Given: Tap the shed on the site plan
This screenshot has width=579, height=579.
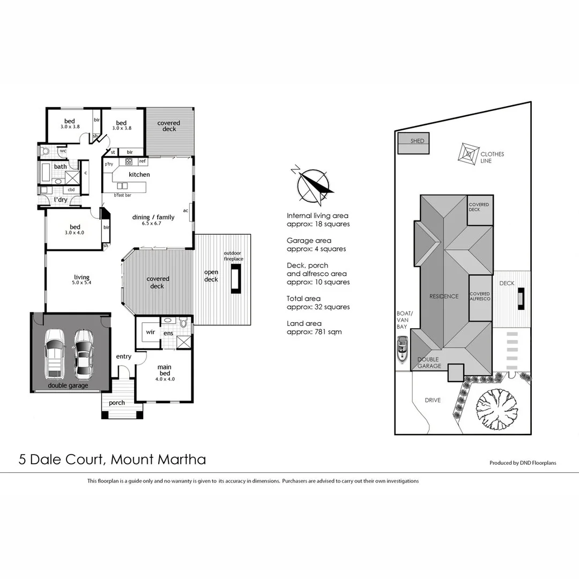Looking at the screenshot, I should click(413, 143).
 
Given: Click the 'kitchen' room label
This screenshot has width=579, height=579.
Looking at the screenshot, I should click(139, 175).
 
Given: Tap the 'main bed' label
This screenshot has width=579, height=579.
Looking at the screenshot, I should click(164, 370).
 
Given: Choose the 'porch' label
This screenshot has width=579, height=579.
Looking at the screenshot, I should click(117, 403).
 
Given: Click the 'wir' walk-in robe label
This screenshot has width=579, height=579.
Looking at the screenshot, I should click(150, 332).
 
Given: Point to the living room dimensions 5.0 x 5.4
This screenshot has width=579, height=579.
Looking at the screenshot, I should click(82, 283).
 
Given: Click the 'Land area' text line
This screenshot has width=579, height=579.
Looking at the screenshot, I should click(304, 323).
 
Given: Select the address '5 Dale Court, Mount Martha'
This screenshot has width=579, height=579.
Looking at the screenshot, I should click(112, 459).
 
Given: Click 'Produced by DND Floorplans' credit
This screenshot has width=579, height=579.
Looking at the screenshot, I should click(523, 463).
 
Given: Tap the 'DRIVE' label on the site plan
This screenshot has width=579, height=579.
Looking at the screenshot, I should click(432, 400).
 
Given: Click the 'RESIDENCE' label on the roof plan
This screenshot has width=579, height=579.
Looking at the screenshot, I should click(444, 296).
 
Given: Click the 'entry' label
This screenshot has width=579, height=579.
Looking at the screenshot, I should click(123, 357).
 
